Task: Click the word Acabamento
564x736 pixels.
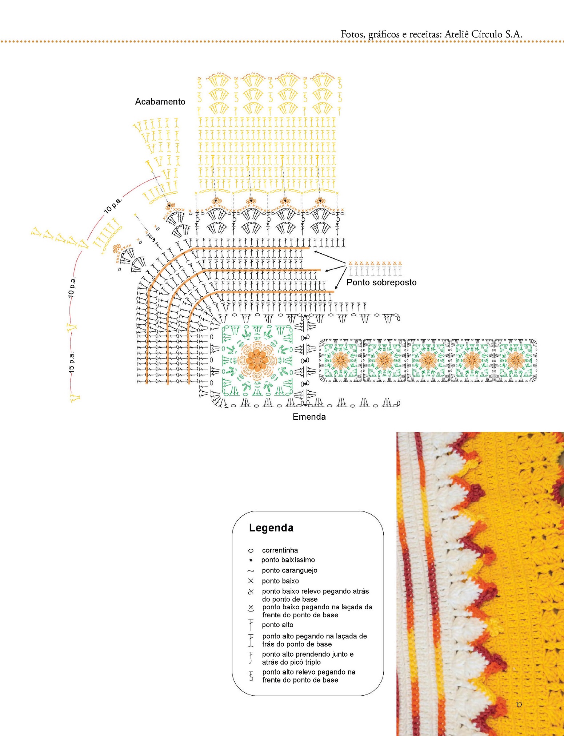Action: [160, 102]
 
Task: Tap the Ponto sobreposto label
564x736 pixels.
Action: [381, 282]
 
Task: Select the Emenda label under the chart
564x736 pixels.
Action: [309, 417]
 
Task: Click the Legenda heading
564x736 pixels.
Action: [271, 528]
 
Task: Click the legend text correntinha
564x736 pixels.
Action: [280, 550]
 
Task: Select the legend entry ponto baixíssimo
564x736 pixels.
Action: [288, 560]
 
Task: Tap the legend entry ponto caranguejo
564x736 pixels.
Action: [289, 570]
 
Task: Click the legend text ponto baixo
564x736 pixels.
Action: [280, 581]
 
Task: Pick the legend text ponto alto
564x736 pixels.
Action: [277, 625]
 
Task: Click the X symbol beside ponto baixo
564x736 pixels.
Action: [251, 581]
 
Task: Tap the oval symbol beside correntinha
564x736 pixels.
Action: [251, 550]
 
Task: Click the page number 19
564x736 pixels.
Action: [519, 705]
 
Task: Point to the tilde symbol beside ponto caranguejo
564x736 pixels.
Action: [251, 571]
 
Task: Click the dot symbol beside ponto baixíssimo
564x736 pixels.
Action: [251, 560]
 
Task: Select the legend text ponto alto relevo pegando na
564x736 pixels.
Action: [309, 672]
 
